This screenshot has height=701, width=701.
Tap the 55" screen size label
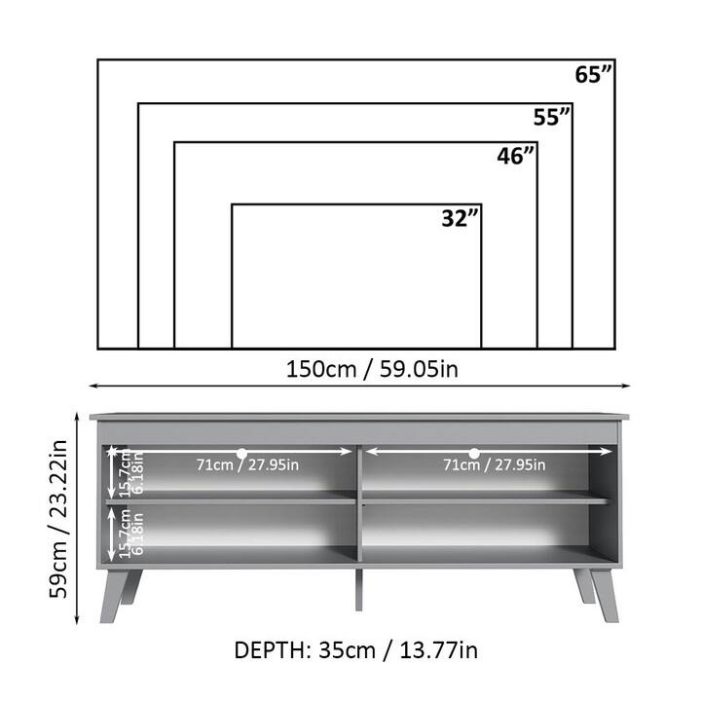tap(552, 118)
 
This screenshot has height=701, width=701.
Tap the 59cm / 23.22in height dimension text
tap(59, 517)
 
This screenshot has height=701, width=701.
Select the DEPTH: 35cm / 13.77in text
tap(355, 649)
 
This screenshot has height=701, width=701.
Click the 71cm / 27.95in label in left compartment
tap(248, 465)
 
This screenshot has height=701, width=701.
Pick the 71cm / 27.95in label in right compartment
tap(494, 465)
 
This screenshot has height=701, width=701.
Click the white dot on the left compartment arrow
tap(241, 453)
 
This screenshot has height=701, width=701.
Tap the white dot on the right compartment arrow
tap(474, 453)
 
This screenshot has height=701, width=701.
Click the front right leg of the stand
tap(603, 593)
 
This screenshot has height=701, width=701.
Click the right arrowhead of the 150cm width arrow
tap(627, 387)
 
